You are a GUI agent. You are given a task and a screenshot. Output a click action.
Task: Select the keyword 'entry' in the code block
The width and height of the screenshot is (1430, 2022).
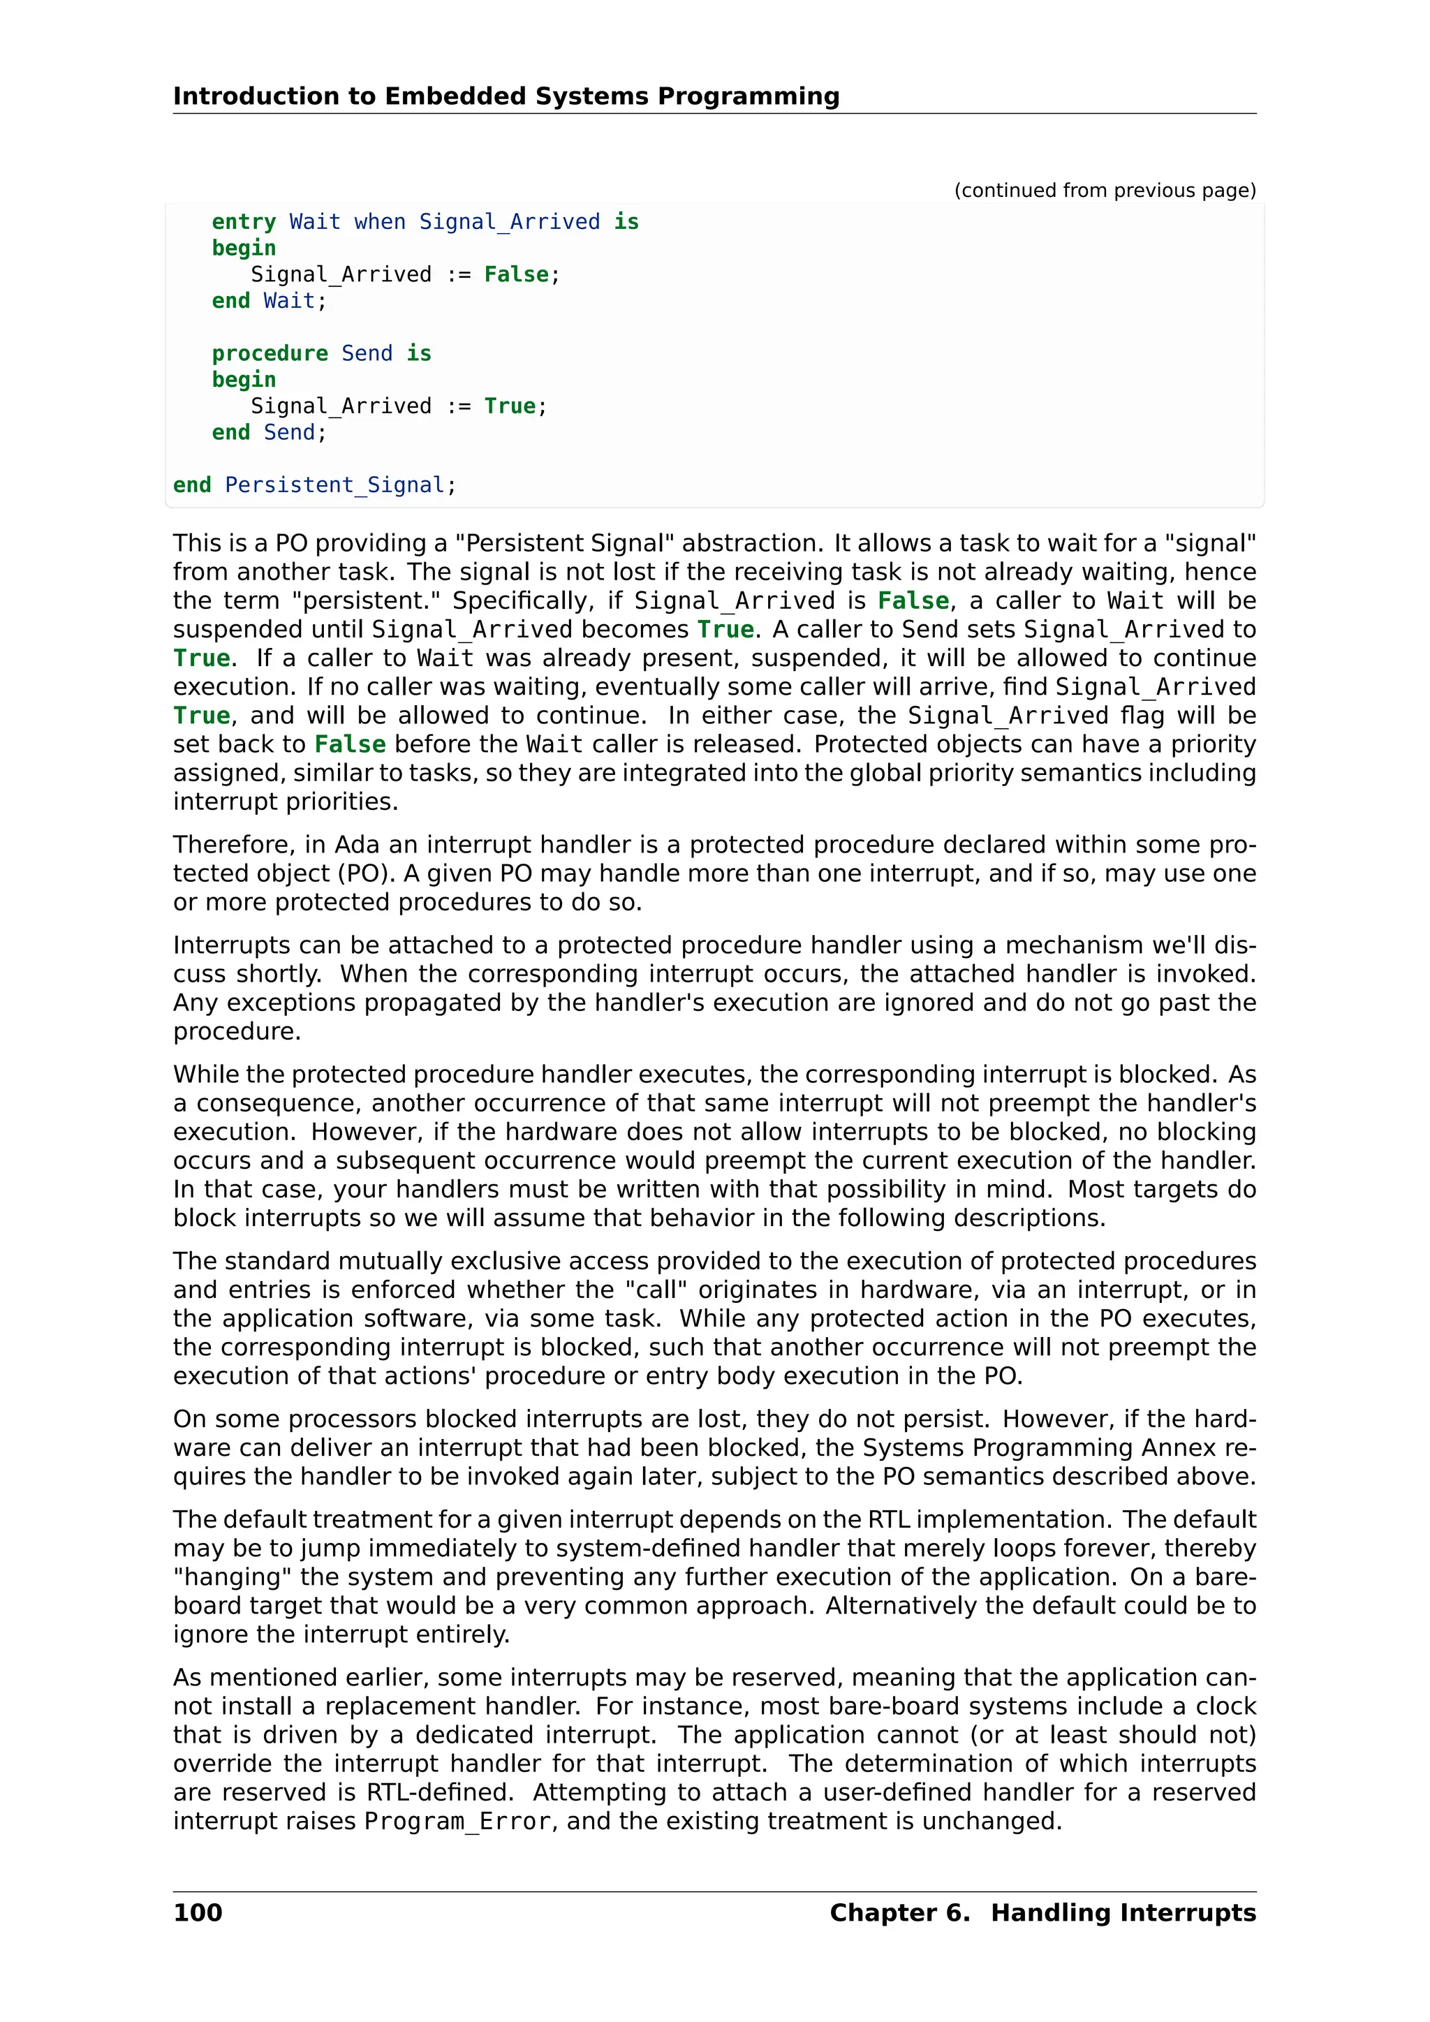coord(244,222)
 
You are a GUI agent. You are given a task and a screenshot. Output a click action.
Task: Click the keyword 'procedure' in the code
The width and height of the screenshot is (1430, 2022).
coord(270,353)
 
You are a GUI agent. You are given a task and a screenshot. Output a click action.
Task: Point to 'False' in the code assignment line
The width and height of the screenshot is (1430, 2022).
coord(516,275)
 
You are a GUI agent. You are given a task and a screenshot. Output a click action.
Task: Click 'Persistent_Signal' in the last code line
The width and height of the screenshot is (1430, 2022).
coord(334,485)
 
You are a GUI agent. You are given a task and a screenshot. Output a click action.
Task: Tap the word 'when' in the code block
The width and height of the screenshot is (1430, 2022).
coord(380,222)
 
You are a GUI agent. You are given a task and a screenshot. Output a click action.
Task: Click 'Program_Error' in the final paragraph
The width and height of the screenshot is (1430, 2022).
coord(458,1820)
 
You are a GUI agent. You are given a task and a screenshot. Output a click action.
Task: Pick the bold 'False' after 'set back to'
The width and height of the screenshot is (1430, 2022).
coord(350,744)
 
